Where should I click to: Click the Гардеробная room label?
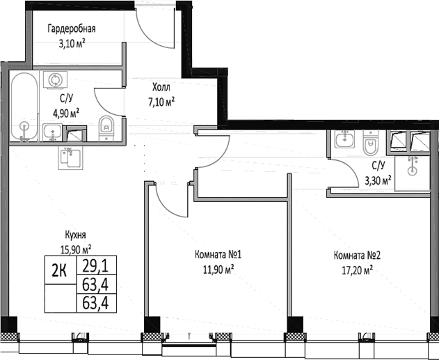pos(71,29)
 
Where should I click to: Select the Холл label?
pos(161,88)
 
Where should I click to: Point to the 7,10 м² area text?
pos(161,102)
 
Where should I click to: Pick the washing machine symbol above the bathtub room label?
pos(52,80)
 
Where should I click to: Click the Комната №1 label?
pos(217,255)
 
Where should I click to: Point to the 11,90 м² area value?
pos(217,269)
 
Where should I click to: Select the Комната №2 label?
pos(356,255)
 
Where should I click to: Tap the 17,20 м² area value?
pos(356,269)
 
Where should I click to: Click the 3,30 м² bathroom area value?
pos(378,180)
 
